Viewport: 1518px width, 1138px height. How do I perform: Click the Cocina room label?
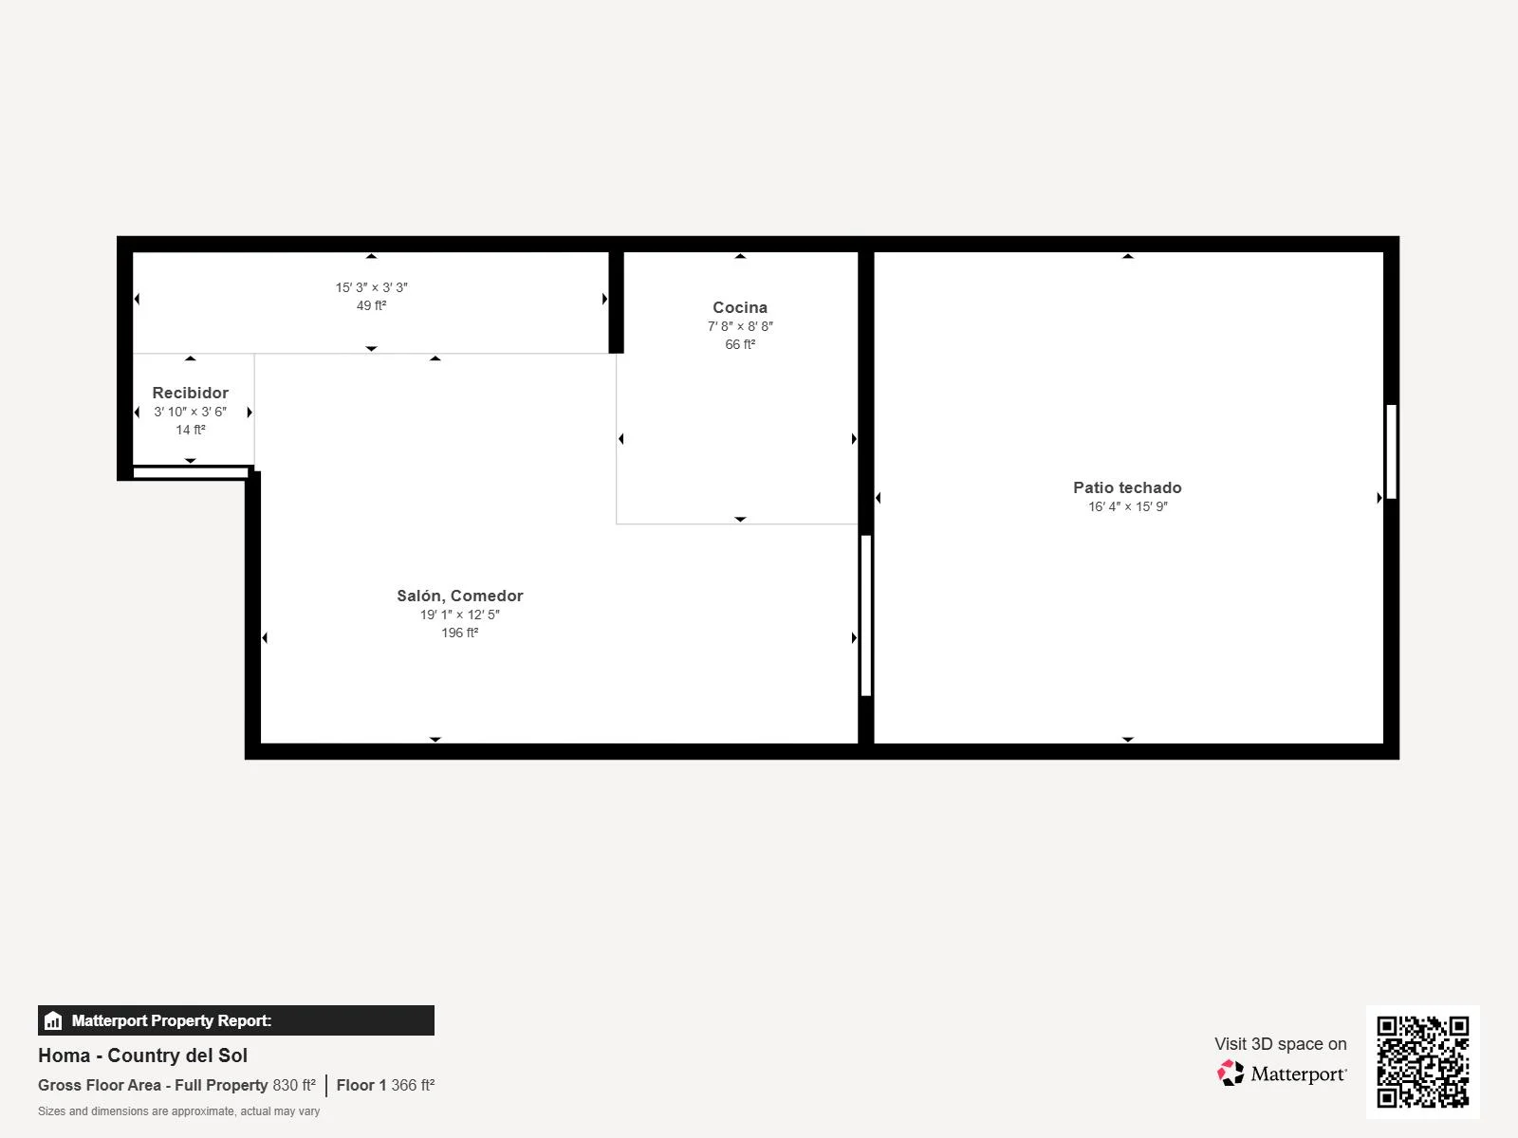tap(739, 307)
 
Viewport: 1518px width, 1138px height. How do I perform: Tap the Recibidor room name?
tap(190, 393)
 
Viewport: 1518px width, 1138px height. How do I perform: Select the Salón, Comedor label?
tap(460, 596)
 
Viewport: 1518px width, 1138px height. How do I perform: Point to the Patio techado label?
tap(1127, 487)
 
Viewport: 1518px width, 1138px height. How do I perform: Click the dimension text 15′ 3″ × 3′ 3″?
tap(371, 287)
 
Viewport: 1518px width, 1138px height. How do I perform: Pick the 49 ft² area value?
tap(371, 305)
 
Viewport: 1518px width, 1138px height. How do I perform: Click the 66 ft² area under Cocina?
tap(739, 344)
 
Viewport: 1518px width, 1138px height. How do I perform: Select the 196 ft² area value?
tap(460, 633)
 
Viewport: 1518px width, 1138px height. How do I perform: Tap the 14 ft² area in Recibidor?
tap(190, 430)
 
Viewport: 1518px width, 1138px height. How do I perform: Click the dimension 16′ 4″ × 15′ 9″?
tap(1127, 506)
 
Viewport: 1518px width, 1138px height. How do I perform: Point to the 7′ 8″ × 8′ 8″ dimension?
tap(739, 326)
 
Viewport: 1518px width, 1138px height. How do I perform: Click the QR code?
tap(1422, 1061)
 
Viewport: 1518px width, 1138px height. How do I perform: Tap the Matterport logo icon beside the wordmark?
tap(1231, 1074)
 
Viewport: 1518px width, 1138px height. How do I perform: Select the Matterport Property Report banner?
tap(236, 1020)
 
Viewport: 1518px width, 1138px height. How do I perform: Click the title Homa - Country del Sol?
tap(142, 1055)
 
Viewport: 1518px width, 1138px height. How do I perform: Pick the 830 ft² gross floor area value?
tap(294, 1085)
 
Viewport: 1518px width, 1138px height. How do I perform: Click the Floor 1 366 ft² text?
tap(385, 1085)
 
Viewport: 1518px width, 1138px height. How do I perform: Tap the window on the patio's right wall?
tap(1391, 452)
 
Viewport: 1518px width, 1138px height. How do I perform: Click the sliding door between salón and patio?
tap(865, 615)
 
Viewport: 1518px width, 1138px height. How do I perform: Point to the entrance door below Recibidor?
tap(190, 472)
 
